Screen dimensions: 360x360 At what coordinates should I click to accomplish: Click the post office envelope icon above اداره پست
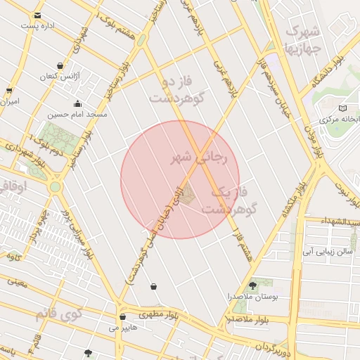37,15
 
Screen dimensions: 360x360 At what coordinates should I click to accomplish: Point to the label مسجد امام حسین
77,114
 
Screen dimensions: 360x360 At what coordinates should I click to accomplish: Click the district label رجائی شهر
200,158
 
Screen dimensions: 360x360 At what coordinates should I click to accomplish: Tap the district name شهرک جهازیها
302,41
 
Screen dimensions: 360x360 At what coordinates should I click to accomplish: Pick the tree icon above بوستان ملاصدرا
252,285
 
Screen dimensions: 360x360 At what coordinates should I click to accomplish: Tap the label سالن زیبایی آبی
326,251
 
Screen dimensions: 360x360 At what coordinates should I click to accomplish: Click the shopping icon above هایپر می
123,317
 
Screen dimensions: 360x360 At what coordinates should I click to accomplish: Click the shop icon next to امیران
9,91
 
